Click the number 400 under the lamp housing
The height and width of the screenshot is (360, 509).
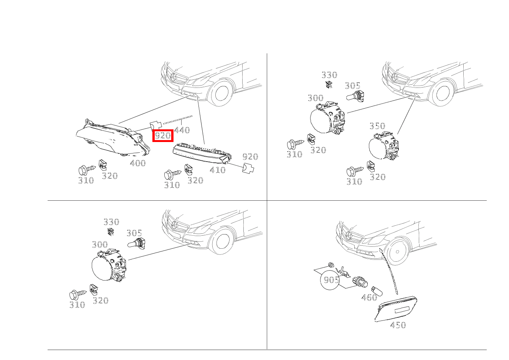tap(138, 163)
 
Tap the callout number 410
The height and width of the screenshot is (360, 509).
tap(218, 170)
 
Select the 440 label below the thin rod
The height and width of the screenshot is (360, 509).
tap(182, 130)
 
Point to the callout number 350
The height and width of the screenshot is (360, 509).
tap(377, 126)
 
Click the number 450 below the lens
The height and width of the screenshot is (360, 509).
tap(398, 325)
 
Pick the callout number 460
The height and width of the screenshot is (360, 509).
tap(369, 297)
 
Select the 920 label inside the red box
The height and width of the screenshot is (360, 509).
tap(163, 135)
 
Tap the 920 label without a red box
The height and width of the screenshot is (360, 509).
tap(250, 157)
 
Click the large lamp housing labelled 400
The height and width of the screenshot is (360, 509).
tap(112, 139)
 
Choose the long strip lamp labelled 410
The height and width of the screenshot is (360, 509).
tap(202, 153)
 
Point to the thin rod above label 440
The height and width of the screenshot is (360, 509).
tap(178, 120)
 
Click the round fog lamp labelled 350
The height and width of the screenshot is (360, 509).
tap(384, 145)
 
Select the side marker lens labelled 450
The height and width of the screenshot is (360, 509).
tap(395, 309)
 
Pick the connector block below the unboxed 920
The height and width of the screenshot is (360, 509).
tap(248, 168)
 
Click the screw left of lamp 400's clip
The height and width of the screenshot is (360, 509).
tap(87, 170)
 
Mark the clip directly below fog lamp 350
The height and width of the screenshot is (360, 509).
tap(370, 167)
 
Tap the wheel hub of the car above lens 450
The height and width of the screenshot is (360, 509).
tap(397, 252)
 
